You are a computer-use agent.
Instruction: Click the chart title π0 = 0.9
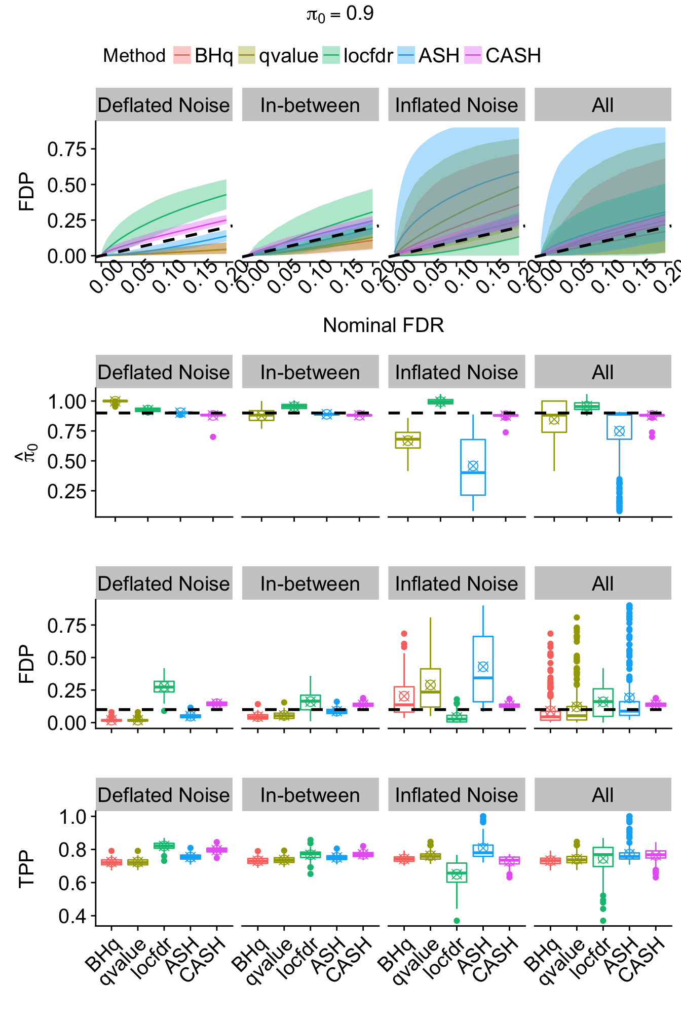340,14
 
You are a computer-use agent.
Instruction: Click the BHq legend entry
203,55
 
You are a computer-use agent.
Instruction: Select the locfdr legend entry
358,55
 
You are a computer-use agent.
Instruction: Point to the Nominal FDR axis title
383,325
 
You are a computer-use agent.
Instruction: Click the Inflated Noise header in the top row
457,105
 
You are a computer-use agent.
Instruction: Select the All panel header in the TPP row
602,795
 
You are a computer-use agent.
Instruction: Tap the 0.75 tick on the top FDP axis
67,150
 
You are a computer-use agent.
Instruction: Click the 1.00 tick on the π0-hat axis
67,402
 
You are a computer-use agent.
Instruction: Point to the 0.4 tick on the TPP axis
72,916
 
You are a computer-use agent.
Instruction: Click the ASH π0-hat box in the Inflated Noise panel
473,467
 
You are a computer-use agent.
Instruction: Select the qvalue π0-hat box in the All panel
554,417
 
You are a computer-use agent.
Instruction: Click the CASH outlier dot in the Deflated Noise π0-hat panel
213,437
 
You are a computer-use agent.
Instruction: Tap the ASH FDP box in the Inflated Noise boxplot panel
483,669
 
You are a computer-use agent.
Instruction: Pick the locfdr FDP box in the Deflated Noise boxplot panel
164,686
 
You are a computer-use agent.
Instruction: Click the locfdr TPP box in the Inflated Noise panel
457,873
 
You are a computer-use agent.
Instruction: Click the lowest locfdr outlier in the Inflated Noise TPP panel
457,921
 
